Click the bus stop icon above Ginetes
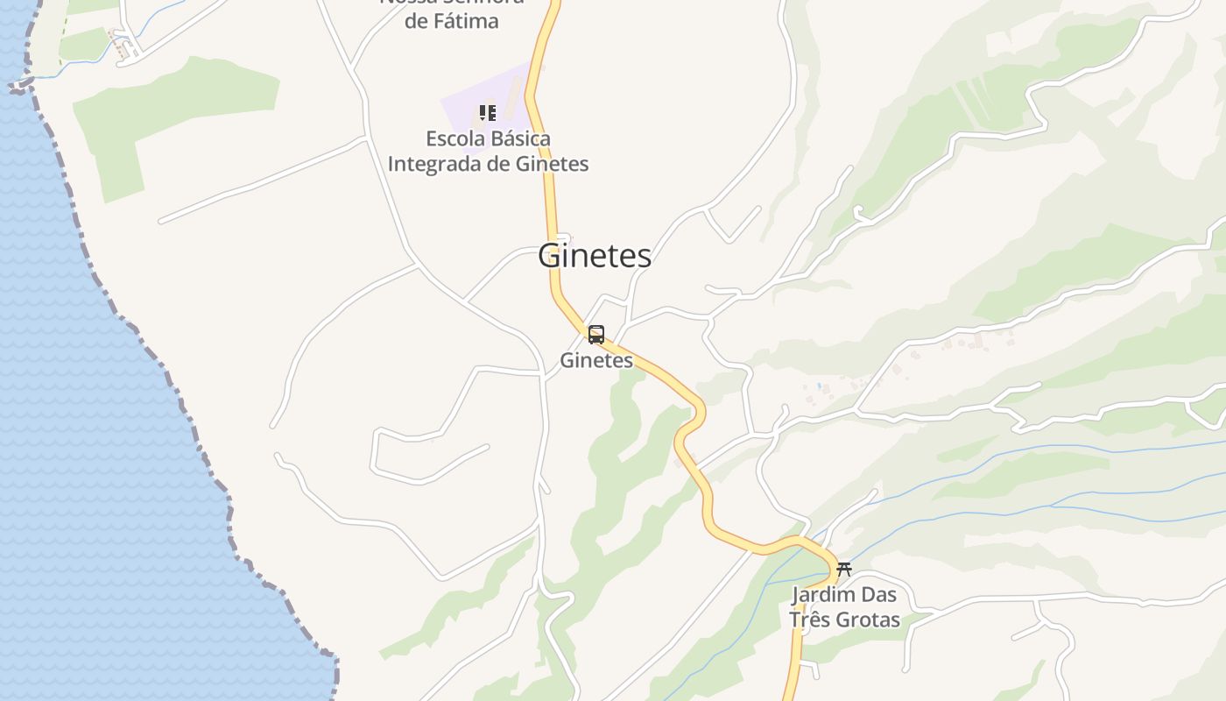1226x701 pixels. (x=596, y=335)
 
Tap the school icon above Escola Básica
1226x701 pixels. (x=488, y=113)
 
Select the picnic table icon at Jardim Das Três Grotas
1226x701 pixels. (x=843, y=570)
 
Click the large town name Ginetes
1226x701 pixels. (x=595, y=256)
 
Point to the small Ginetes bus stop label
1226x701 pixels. (x=596, y=360)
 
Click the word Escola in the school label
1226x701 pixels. (x=453, y=138)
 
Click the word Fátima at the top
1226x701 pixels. (x=465, y=21)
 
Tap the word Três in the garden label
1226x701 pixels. (x=808, y=620)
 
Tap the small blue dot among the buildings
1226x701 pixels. (x=819, y=386)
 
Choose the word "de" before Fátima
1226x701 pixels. (x=415, y=21)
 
